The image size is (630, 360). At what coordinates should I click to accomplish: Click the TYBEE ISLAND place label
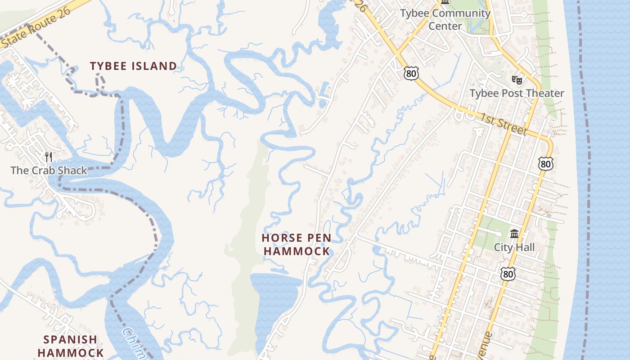[133, 66]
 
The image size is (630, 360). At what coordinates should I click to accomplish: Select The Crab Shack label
[49, 171]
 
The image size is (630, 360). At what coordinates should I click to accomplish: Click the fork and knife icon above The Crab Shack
[49, 157]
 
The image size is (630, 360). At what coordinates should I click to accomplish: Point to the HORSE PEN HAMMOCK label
[297, 244]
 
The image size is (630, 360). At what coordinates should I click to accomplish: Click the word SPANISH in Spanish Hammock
[70, 339]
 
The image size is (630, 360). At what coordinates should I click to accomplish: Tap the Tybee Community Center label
[445, 19]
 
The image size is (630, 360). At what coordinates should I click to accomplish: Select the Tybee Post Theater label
[517, 93]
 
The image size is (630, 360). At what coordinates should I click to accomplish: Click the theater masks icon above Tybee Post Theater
[517, 80]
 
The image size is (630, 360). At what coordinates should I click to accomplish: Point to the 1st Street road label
[503, 124]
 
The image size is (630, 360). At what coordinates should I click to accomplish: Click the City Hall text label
[514, 247]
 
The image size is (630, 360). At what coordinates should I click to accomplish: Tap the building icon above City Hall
[514, 234]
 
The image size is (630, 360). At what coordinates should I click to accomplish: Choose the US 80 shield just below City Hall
[507, 273]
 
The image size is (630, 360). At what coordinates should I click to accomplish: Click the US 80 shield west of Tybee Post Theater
[411, 73]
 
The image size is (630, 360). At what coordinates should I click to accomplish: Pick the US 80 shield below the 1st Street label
[545, 164]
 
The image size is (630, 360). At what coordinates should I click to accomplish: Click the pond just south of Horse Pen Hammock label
[274, 297]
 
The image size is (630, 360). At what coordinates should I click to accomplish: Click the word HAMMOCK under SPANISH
[70, 353]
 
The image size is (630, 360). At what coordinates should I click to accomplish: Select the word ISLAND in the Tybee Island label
[154, 66]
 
